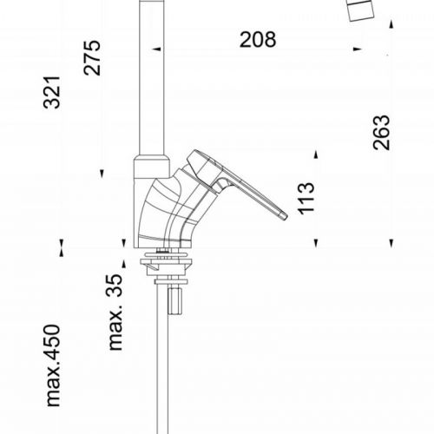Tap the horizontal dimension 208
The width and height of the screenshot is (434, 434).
pos(259,39)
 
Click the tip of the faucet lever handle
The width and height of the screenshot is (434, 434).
pos(280,214)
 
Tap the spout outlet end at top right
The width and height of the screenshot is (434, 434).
pos(365,11)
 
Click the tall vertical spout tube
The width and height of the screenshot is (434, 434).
pos(153,78)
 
